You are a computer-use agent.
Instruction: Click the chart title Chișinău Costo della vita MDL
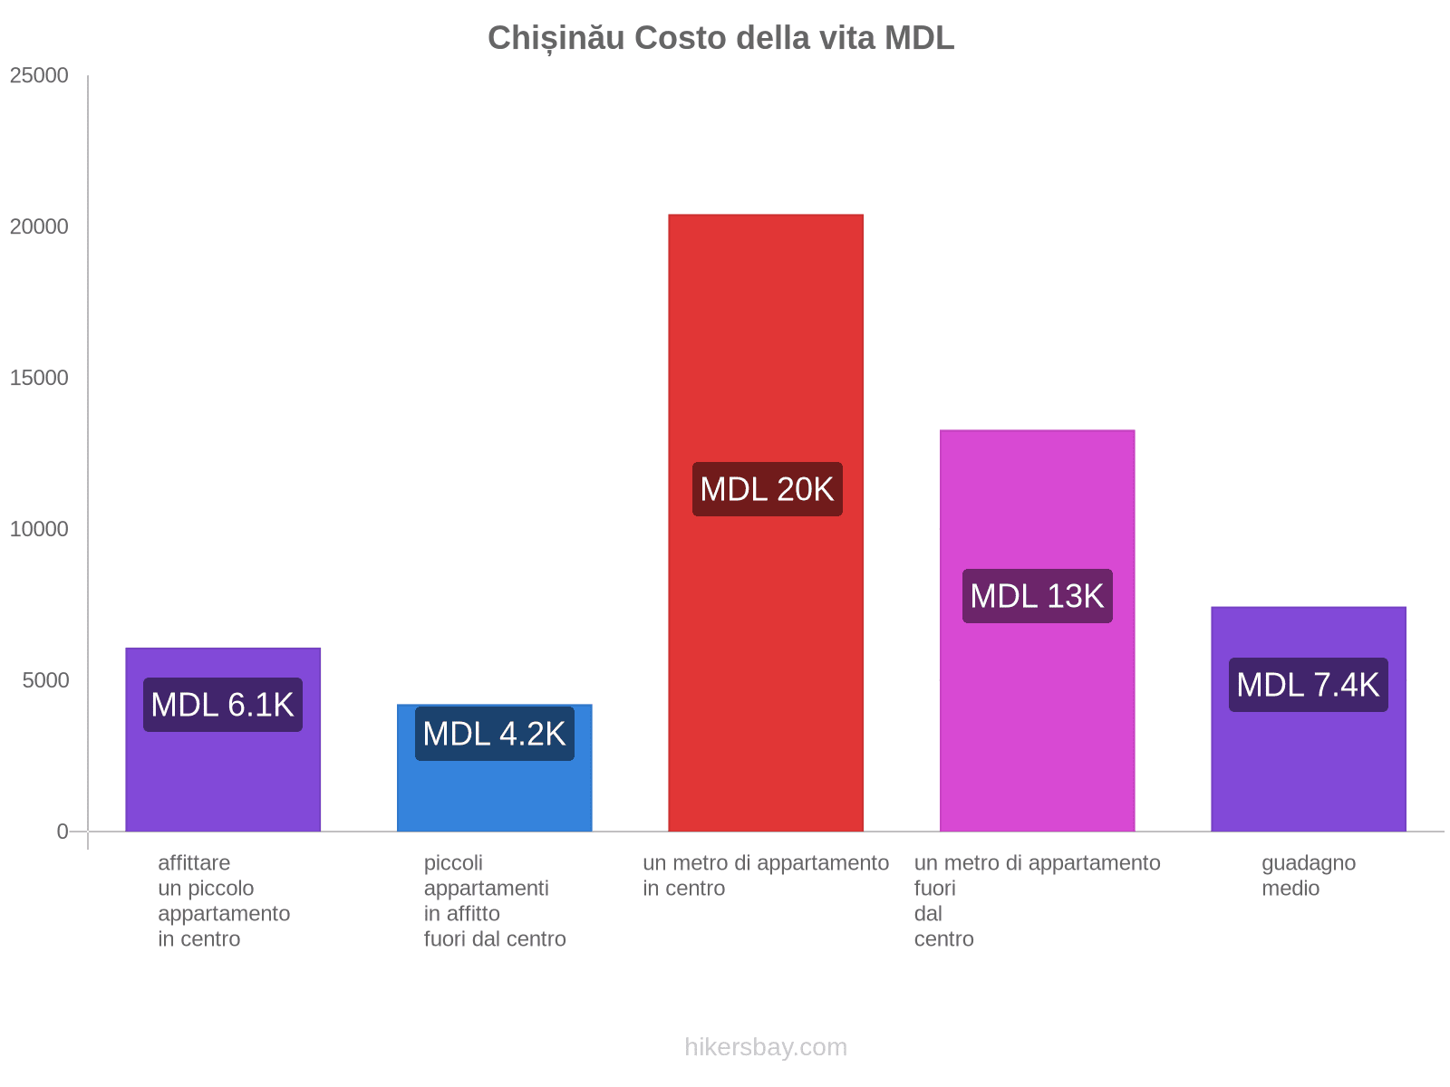tap(720, 38)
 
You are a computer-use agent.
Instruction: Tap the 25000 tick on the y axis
tap(39, 76)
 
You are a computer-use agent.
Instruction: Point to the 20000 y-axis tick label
tap(39, 227)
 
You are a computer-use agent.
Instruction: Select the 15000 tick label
tap(39, 379)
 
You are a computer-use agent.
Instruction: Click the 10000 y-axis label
tap(39, 530)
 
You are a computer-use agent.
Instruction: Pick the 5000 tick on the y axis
tap(45, 681)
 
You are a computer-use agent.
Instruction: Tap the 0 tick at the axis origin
tap(63, 832)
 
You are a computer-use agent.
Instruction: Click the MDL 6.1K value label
tap(223, 705)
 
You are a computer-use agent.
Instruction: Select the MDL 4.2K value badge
tap(495, 734)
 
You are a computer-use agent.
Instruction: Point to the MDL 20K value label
tap(767, 489)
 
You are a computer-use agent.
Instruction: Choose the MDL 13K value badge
tap(1037, 596)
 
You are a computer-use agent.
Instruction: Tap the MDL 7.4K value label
tap(1308, 685)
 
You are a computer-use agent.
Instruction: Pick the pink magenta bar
tap(1037, 725)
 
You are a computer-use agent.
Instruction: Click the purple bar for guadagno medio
tap(1308, 770)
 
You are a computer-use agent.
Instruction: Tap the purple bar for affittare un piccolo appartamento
tap(223, 779)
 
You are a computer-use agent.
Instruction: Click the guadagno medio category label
tap(1308, 876)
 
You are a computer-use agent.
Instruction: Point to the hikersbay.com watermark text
tap(766, 1047)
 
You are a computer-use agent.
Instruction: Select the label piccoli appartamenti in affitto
tap(495, 900)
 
